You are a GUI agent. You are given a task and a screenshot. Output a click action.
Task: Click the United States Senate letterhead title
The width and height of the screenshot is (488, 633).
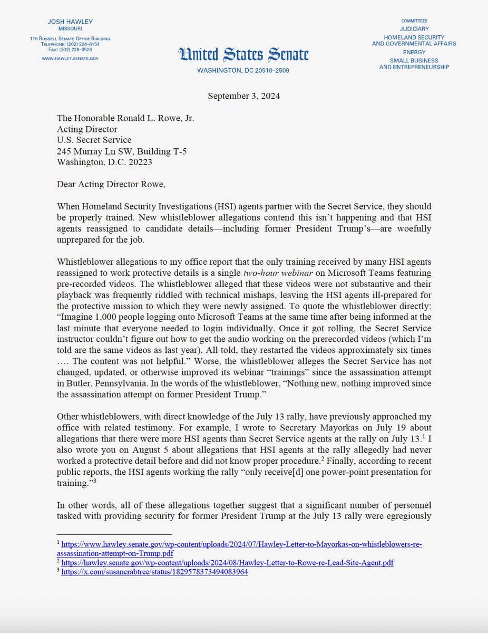pos(243,54)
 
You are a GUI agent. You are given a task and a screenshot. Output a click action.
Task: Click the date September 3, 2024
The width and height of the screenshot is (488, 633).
pos(243,96)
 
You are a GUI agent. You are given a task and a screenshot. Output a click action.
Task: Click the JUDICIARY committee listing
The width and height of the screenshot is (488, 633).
pos(414,28)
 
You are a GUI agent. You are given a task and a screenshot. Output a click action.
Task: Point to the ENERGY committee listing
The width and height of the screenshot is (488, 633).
pos(414,52)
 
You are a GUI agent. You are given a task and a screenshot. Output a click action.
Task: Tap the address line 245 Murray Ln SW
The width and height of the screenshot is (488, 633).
pos(121,151)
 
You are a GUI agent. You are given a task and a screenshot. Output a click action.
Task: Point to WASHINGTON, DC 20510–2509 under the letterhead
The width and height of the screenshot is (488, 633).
pos(243,70)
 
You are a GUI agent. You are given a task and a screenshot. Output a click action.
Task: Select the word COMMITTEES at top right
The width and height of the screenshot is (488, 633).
pos(414,21)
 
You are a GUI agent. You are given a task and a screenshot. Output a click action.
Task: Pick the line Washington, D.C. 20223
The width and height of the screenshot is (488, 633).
pos(104,162)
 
